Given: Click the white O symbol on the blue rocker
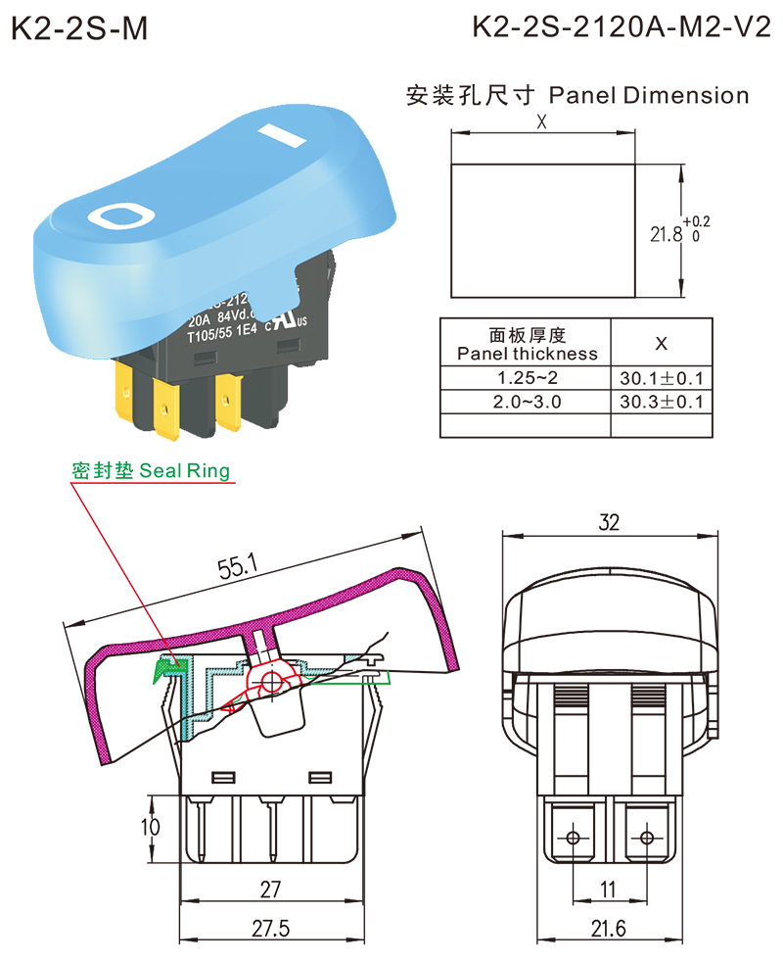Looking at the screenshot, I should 118,216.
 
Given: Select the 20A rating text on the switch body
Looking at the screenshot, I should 201,316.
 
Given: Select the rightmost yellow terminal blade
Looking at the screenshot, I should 231,407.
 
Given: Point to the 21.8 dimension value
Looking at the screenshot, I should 667,235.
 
